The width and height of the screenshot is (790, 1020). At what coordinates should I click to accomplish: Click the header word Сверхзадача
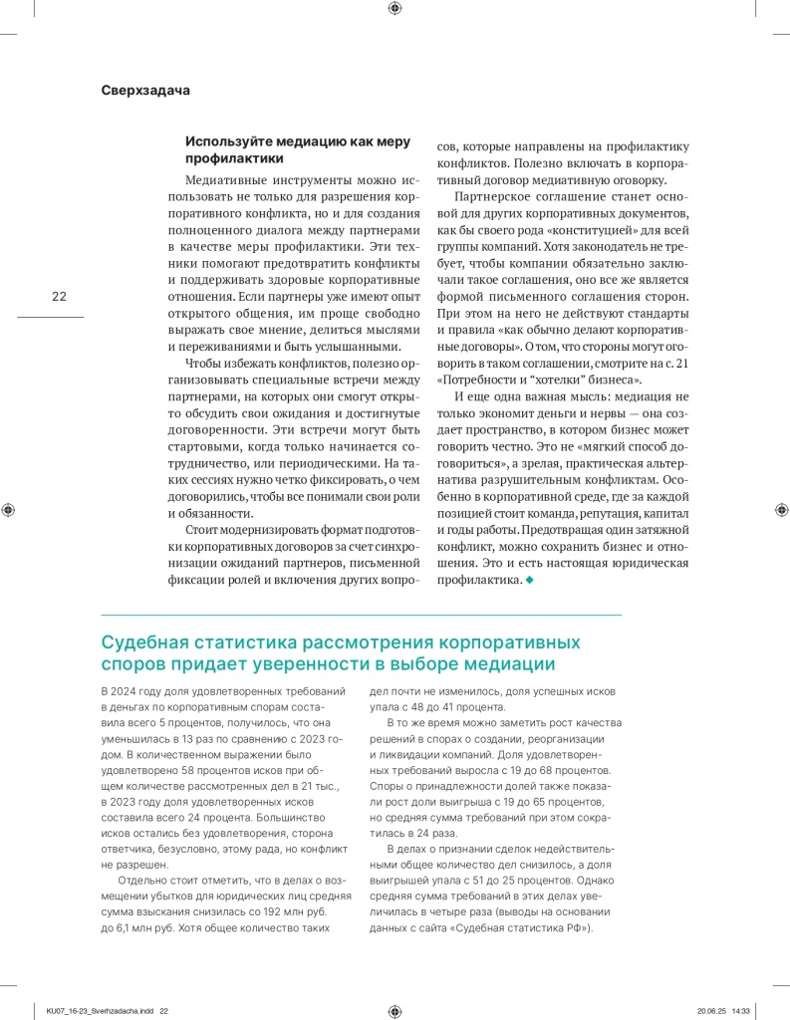point(145,90)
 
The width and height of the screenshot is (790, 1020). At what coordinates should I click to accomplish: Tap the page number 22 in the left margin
point(59,296)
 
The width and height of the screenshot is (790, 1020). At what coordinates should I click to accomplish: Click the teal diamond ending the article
point(529,581)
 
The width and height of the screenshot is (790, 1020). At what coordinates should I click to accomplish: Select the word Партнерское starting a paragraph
point(495,196)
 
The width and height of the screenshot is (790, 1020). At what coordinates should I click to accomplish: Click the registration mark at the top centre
point(395,8)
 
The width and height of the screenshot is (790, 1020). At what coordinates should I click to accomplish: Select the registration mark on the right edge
point(780,509)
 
